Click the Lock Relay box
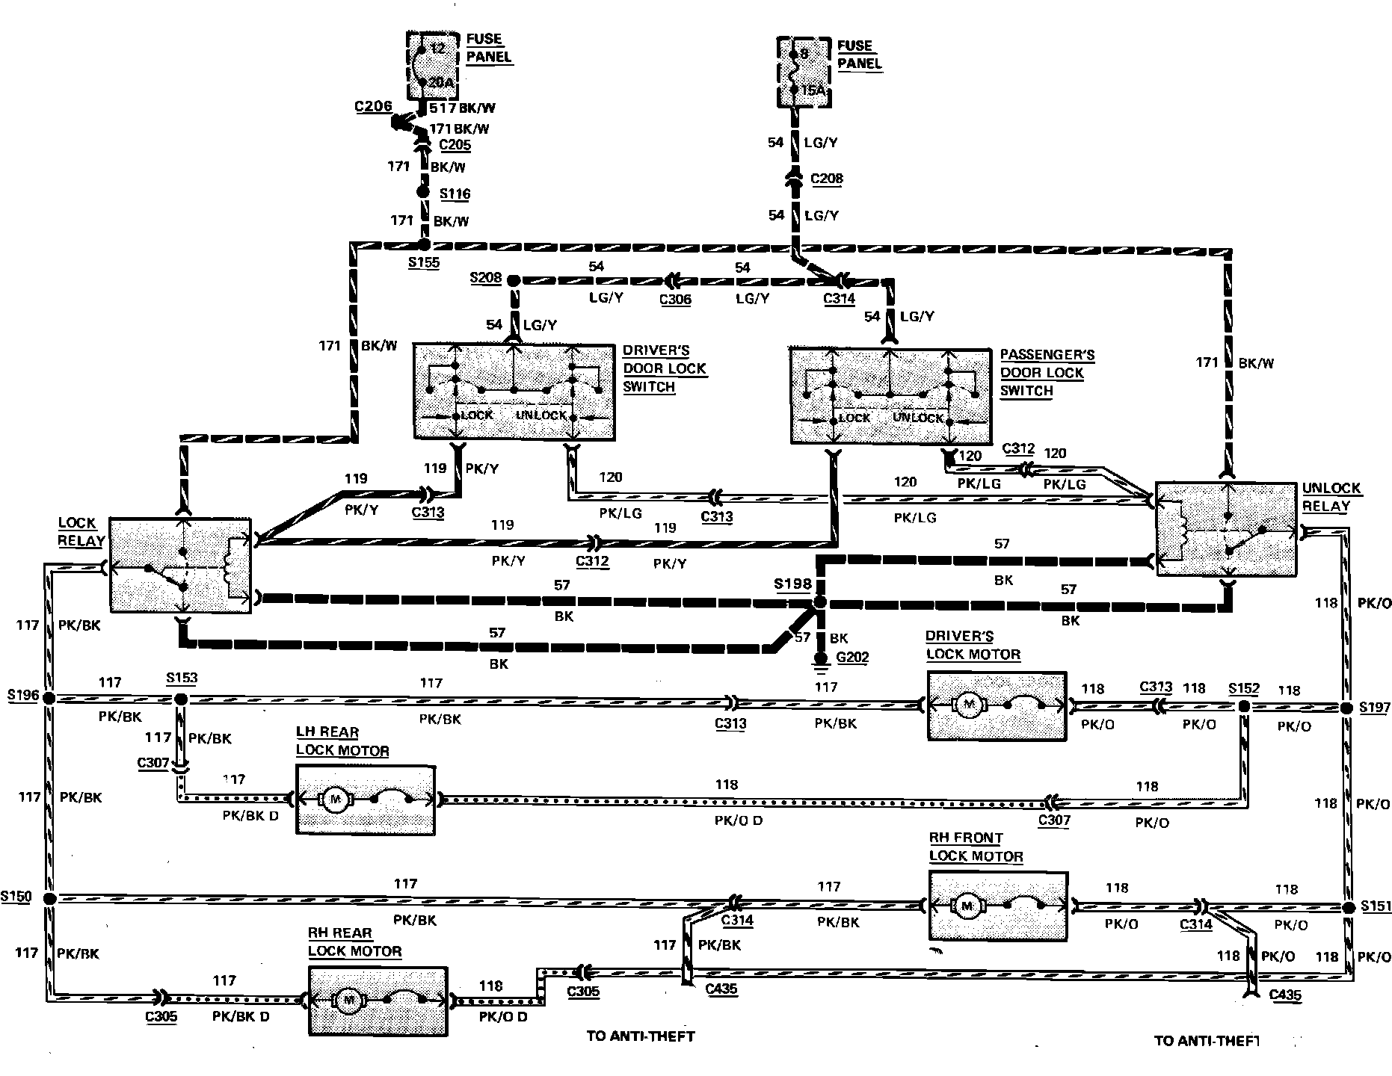pyautogui.click(x=180, y=565)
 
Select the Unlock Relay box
pyautogui.click(x=1226, y=529)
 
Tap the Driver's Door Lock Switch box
pyautogui.click(x=514, y=391)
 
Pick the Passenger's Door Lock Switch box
pyautogui.click(x=890, y=395)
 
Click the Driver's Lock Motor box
pyautogui.click(x=997, y=705)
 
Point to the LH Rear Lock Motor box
pyautogui.click(x=366, y=800)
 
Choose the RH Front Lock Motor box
pyautogui.click(x=998, y=905)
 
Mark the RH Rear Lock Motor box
pyautogui.click(x=378, y=1001)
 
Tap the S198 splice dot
pyautogui.click(x=819, y=602)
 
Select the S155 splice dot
pyautogui.click(x=423, y=244)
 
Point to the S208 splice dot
pyautogui.click(x=513, y=281)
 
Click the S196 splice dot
pyautogui.click(x=49, y=699)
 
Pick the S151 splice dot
pyautogui.click(x=1347, y=908)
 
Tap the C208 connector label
pyautogui.click(x=827, y=179)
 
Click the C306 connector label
pyautogui.click(x=675, y=300)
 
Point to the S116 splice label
pyautogui.click(x=455, y=194)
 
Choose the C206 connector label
pyautogui.click(x=373, y=107)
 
